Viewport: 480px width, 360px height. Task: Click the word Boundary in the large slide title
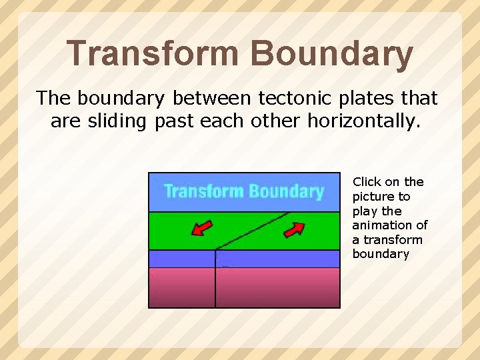(x=331, y=55)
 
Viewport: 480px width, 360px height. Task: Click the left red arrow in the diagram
(x=202, y=229)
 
